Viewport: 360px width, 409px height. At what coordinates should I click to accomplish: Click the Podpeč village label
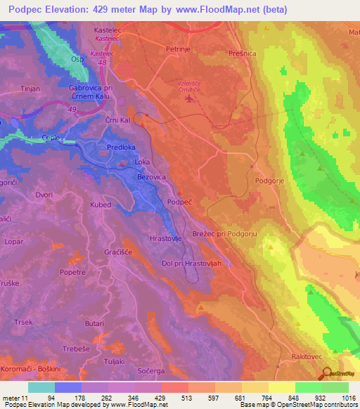pyautogui.click(x=180, y=202)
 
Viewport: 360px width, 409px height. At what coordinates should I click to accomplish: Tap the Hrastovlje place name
pyautogui.click(x=167, y=239)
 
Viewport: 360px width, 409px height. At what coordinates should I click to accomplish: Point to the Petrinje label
pyautogui.click(x=179, y=50)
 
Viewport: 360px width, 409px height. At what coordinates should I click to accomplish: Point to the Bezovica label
pyautogui.click(x=151, y=178)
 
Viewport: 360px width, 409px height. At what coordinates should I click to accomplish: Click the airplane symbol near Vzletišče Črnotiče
pyautogui.click(x=188, y=99)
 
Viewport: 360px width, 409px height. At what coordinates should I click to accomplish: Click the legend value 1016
pyautogui.click(x=346, y=397)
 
